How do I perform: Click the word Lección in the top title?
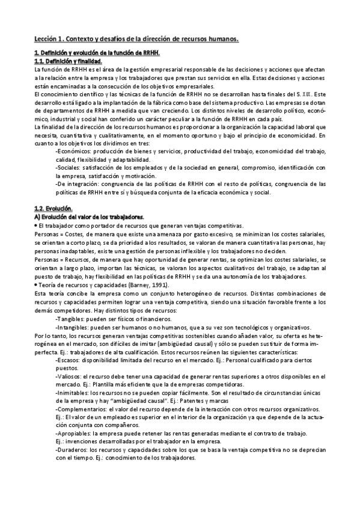coord(45,39)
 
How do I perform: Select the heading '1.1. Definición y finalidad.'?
coord(68,61)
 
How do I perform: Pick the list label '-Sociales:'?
coord(67,168)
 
